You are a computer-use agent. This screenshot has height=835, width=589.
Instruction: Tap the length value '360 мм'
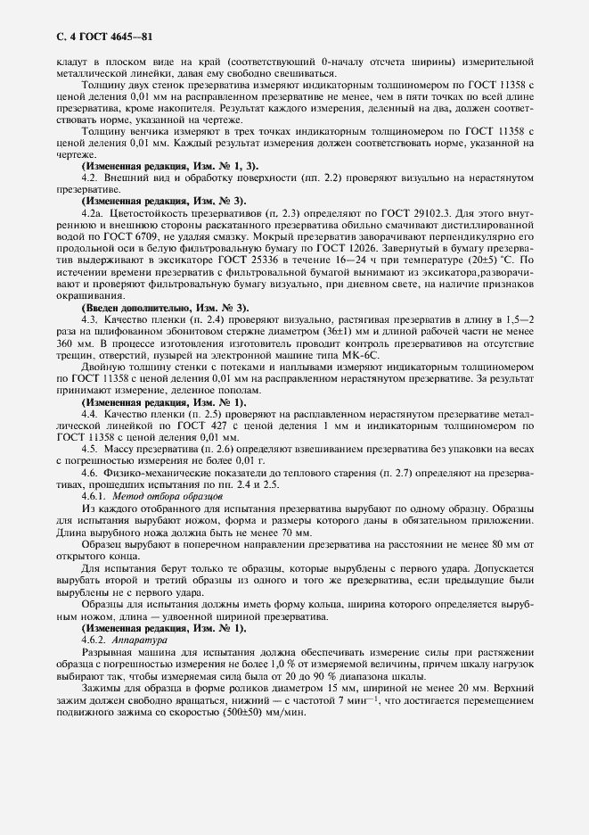(75, 331)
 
